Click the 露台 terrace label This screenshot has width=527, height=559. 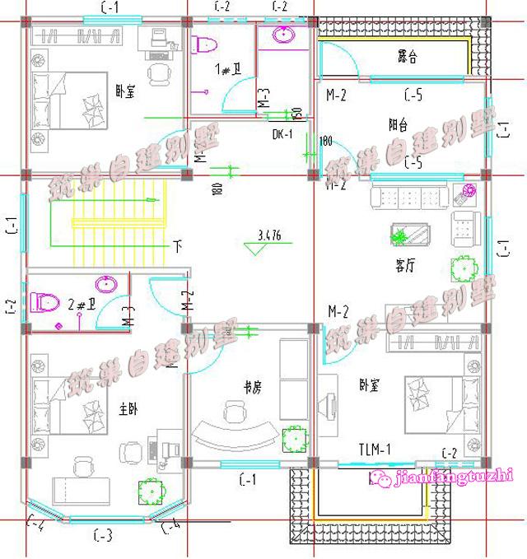click(x=407, y=58)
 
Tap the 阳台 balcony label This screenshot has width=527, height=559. click(x=398, y=125)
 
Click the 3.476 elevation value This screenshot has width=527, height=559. click(x=268, y=235)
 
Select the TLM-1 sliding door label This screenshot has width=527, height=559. click(x=375, y=449)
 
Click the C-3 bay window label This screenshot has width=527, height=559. click(x=103, y=538)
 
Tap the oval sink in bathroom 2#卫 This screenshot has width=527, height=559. click(x=106, y=285)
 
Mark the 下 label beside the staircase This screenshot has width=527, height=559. click(x=177, y=245)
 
